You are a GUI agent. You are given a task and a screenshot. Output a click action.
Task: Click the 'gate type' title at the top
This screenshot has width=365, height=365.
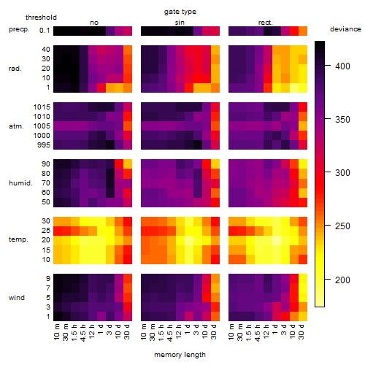pyautogui.click(x=180, y=12)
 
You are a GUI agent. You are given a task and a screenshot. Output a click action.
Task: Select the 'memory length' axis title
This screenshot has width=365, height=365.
pyautogui.click(x=180, y=355)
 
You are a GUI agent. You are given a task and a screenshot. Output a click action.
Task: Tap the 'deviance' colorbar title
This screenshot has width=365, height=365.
pyautogui.click(x=345, y=29)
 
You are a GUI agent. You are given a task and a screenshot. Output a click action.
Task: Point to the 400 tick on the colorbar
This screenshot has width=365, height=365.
pyautogui.click(x=328, y=66)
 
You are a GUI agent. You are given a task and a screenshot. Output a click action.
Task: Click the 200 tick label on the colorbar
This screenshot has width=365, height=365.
pyautogui.click(x=342, y=280)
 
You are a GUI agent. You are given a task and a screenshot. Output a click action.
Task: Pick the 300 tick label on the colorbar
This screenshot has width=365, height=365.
pyautogui.click(x=342, y=173)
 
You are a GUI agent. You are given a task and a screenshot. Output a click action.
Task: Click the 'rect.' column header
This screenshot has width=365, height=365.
pyautogui.click(x=265, y=23)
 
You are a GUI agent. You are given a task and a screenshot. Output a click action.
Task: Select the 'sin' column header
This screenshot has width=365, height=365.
pyautogui.click(x=180, y=23)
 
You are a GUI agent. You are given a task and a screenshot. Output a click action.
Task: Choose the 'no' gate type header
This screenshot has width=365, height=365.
pyautogui.click(x=94, y=23)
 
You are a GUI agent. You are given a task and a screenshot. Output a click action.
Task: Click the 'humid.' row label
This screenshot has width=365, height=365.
pyautogui.click(x=20, y=183)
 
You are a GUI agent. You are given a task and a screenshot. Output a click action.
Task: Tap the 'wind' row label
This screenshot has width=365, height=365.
pyautogui.click(x=17, y=298)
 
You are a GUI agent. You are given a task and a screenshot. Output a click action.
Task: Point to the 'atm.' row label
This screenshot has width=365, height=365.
pyautogui.click(x=16, y=126)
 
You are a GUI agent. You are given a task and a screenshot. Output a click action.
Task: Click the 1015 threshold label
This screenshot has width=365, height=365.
pyautogui.click(x=42, y=107)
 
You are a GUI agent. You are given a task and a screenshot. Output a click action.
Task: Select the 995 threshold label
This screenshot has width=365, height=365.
pyautogui.click(x=44, y=145)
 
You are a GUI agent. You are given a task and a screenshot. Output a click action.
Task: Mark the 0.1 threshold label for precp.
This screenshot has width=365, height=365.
pyautogui.click(x=45, y=31)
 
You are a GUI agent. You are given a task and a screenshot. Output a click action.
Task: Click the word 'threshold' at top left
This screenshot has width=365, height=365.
pyautogui.click(x=41, y=18)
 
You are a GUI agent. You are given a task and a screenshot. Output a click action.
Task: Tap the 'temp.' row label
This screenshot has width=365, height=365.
pyautogui.click(x=18, y=239)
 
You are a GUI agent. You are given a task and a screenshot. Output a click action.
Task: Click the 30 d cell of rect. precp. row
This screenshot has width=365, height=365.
pyautogui.click(x=303, y=31)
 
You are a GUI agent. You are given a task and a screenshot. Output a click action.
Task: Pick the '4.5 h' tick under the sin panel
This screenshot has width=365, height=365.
pyautogui.click(x=171, y=332)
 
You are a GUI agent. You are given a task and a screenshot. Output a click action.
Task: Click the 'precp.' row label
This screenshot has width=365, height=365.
pyautogui.click(x=19, y=29)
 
